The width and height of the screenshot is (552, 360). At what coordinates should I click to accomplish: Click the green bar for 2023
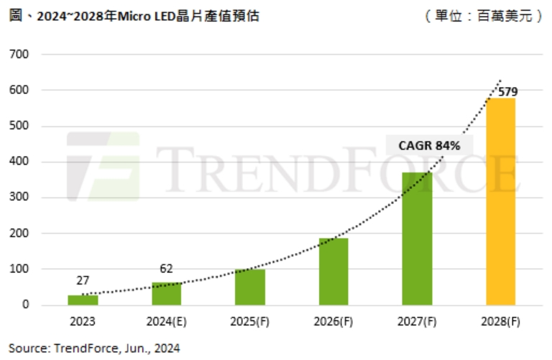pos(83,300)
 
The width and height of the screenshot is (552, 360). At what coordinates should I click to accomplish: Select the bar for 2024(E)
pos(167,293)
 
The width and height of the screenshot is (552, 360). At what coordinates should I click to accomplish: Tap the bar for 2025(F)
pos(249,287)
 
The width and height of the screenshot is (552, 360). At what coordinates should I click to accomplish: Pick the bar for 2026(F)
pos(333,272)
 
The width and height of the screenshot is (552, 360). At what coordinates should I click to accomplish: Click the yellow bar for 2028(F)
pos(501,201)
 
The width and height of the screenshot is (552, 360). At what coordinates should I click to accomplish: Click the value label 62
pos(167,269)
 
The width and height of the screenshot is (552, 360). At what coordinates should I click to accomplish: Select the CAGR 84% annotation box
pos(430,145)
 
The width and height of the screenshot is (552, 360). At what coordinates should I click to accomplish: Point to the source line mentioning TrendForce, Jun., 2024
pos(94,348)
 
